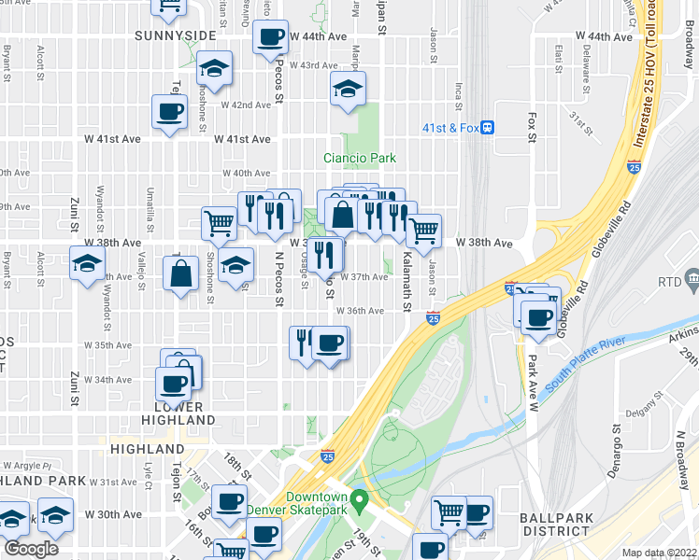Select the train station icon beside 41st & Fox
[487, 129]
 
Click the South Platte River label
[585, 365]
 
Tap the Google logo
[31, 548]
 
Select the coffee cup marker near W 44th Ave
[270, 38]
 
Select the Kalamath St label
[407, 279]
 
